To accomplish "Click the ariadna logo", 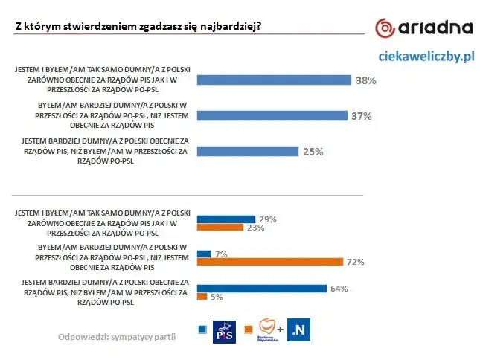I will pos(423,28).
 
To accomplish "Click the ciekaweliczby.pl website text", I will pos(426,56).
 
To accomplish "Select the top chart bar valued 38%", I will pos(273,80).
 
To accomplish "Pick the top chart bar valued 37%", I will pos(272,115).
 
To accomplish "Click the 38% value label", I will pos(365,80).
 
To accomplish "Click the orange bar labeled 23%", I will pos(219,228).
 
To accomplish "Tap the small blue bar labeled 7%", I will pos(203,254).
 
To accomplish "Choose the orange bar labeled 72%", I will pos(269,262).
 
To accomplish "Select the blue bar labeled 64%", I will pos(261,288).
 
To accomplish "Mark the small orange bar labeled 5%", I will pos(201,297).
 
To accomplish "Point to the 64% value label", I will pos(339,289).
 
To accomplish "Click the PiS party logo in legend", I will pos(224,332).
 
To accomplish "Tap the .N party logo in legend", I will pos(298,330).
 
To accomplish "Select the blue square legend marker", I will pos(202,329).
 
